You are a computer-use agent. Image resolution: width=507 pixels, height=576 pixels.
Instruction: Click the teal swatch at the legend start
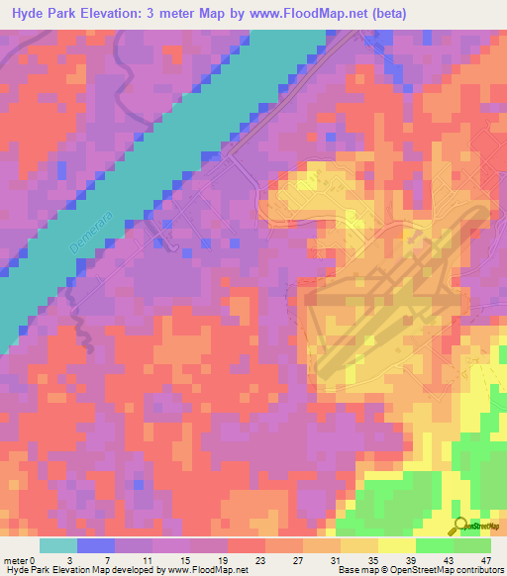[x=57, y=545]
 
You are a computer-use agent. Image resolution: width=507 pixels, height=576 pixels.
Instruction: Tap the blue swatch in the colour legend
[x=95, y=545]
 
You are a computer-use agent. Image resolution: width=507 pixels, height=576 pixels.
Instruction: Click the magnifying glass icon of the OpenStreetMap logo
[x=460, y=526]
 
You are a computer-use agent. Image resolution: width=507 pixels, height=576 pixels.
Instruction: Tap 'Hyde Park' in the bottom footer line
[x=28, y=570]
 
